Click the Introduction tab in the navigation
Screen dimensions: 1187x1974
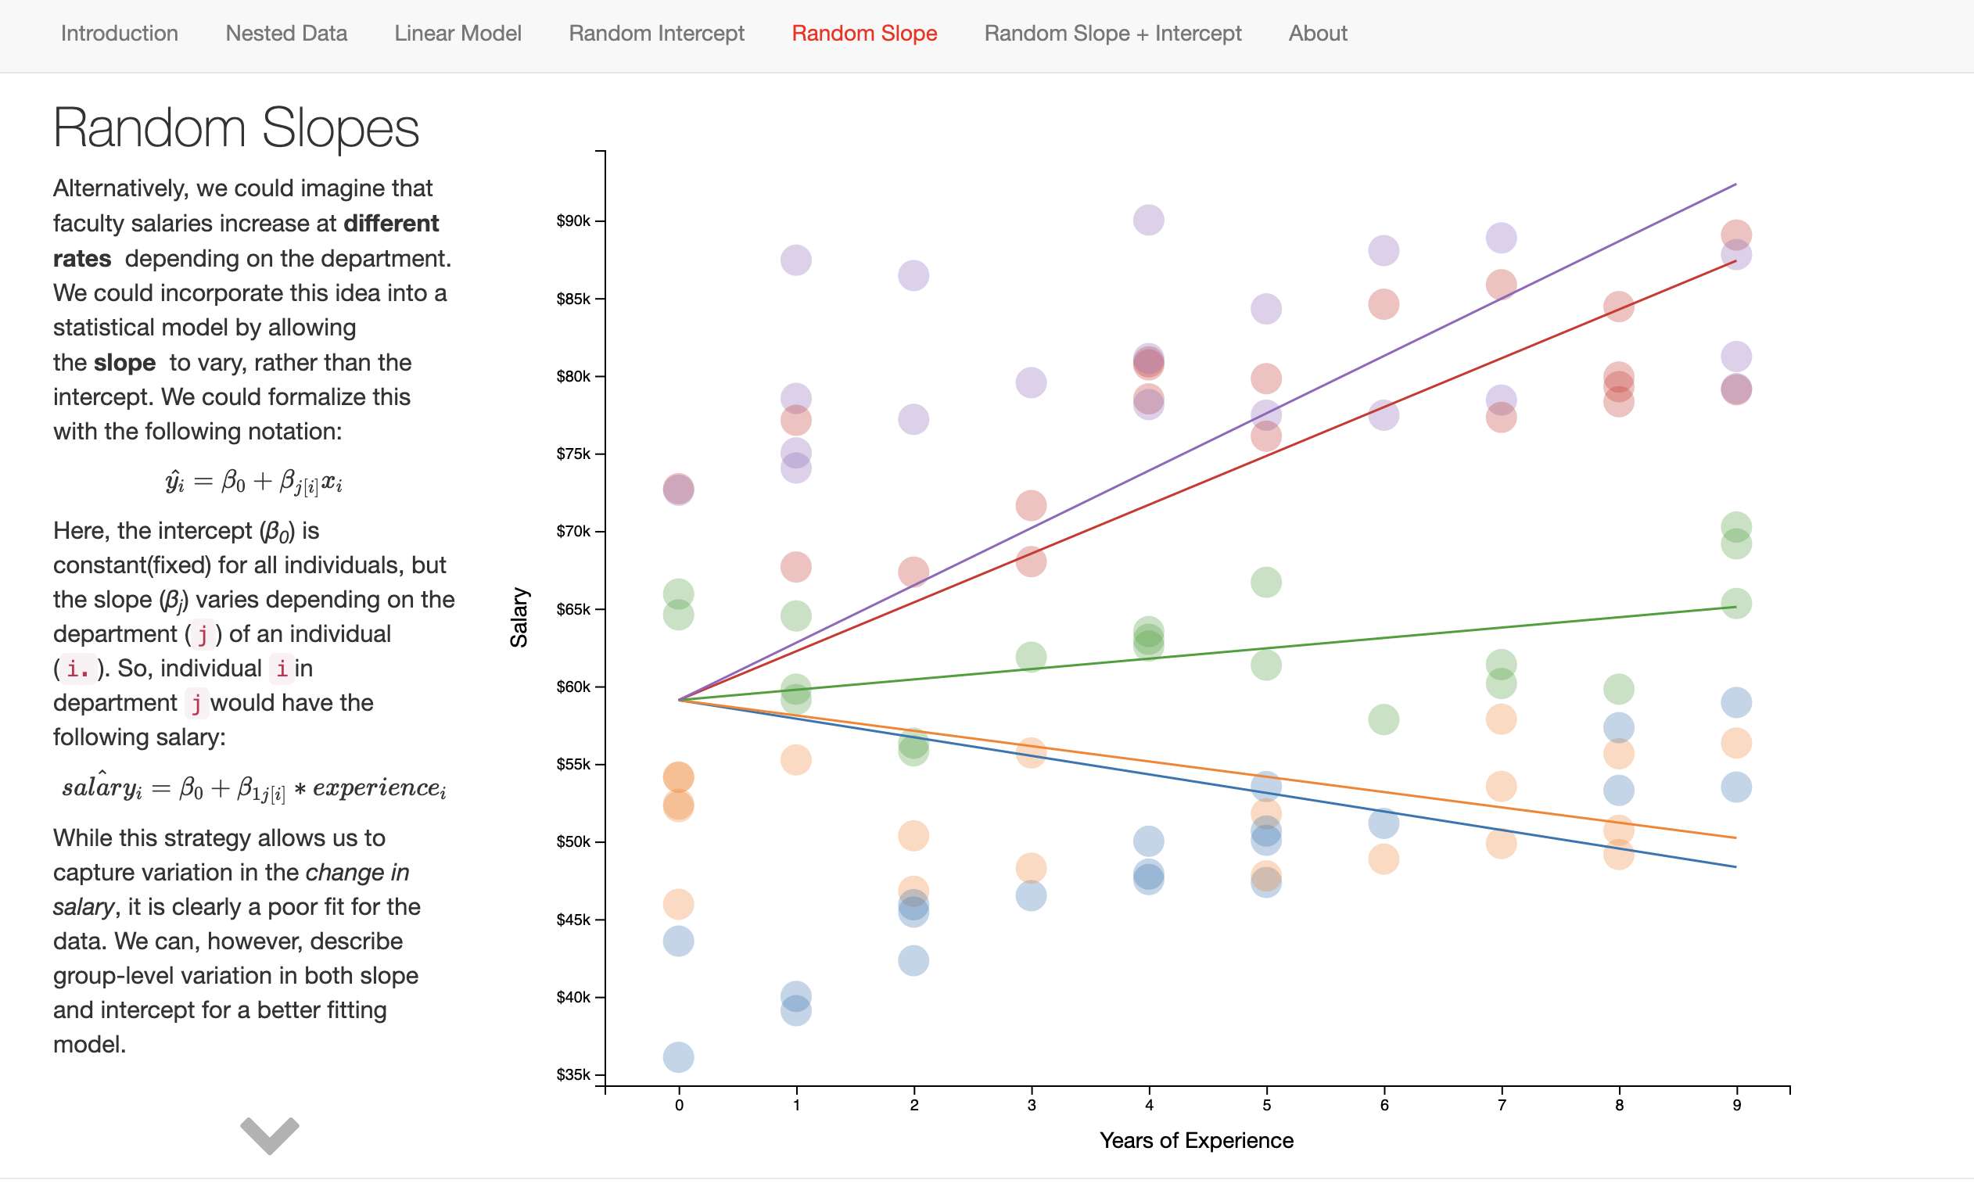pos(119,34)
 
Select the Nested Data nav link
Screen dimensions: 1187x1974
pos(285,34)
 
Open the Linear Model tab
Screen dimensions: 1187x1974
pos(458,34)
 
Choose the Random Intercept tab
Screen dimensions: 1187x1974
pos(656,34)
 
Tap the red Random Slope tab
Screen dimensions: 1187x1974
pos(864,34)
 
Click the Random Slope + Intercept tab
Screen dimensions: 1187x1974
pos(1112,34)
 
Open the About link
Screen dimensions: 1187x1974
pos(1317,34)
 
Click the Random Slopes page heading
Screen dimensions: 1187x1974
pos(236,128)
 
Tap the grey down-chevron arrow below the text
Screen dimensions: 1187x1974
pos(270,1134)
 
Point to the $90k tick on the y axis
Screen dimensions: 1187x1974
pos(572,221)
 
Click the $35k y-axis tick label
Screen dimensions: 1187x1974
pos(572,1074)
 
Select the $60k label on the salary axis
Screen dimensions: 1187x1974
pos(572,687)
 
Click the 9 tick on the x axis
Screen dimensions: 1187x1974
pos(1736,1106)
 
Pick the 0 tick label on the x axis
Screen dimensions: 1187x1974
pos(679,1106)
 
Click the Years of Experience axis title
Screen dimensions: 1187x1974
pos(1196,1141)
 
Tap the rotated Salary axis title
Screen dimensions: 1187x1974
pos(519,618)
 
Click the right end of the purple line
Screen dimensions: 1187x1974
pos(1735,185)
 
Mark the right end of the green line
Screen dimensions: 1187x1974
pos(1735,607)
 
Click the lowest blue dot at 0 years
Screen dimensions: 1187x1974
pos(678,1056)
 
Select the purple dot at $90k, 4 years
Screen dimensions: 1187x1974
pos(1149,220)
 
